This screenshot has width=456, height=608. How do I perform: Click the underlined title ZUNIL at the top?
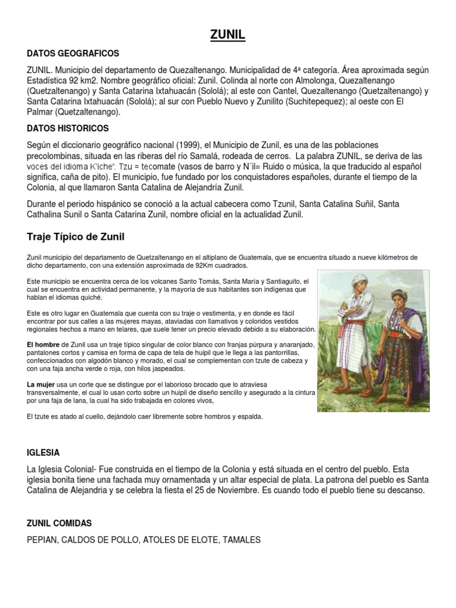click(227, 37)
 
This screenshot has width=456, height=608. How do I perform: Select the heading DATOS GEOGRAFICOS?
click(73, 53)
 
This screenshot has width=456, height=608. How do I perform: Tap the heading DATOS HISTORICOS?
click(68, 128)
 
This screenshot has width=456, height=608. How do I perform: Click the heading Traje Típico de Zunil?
click(75, 237)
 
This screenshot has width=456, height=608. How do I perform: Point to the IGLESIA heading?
click(43, 452)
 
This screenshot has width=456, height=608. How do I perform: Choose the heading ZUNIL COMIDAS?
click(59, 523)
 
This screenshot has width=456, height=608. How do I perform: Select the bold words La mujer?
click(40, 385)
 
